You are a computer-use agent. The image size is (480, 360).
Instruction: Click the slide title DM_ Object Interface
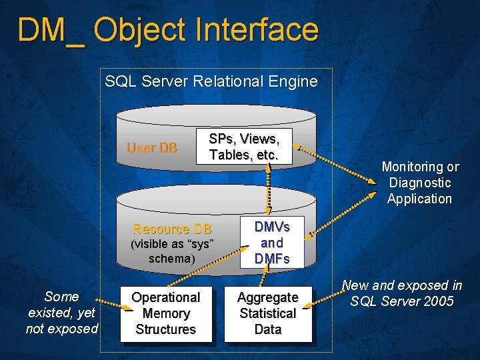point(168,31)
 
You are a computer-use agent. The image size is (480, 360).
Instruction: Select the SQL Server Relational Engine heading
point(211,82)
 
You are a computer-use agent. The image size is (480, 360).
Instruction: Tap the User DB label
point(152,148)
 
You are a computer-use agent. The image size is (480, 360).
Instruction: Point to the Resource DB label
point(172,229)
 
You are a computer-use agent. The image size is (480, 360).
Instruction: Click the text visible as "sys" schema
point(172,251)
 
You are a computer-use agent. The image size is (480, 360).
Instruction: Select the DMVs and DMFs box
point(271,243)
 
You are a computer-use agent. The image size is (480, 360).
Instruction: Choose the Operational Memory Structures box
point(165,313)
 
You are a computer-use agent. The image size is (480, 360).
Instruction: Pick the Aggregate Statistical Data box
point(267,313)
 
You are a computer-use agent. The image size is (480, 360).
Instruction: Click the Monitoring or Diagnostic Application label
point(419,183)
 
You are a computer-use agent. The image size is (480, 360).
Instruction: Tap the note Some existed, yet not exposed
point(61,313)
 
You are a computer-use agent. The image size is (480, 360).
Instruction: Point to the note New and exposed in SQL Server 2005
point(401,293)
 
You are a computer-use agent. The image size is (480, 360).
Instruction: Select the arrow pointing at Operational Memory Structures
point(114,307)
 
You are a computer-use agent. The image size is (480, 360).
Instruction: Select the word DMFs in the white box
point(271,259)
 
